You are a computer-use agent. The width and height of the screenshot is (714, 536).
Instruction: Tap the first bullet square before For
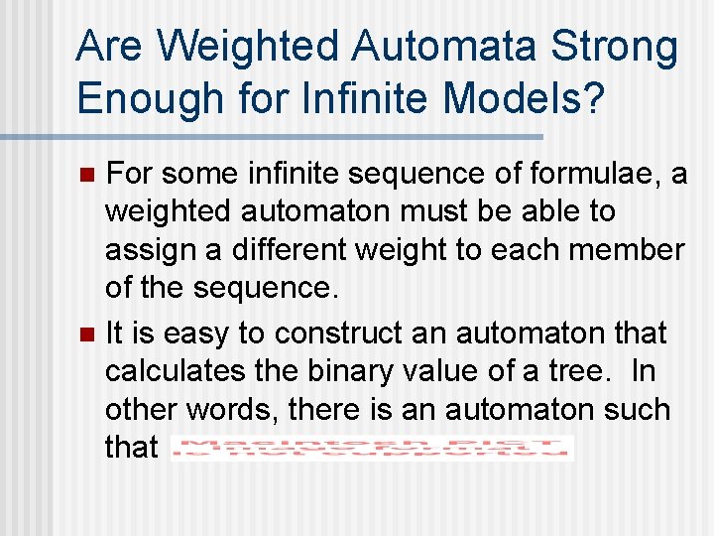[x=86, y=176]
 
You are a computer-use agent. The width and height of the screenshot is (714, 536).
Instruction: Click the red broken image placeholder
[x=372, y=449]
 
